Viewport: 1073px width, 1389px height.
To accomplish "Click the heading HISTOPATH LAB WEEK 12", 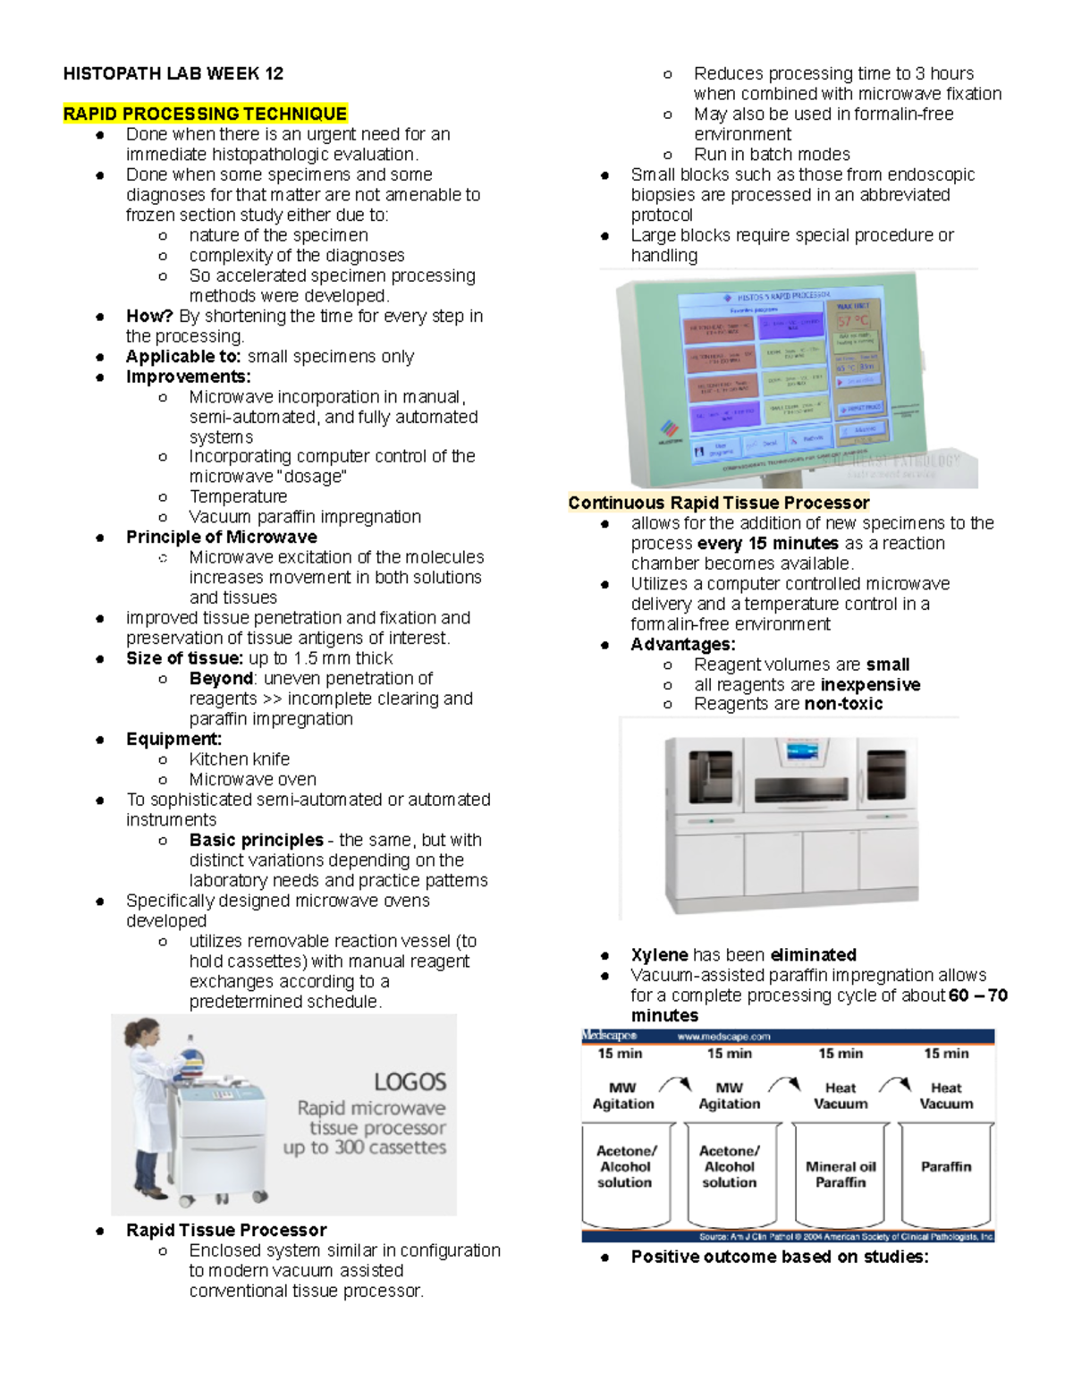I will (x=173, y=73).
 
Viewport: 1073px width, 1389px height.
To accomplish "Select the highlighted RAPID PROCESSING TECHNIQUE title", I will (x=205, y=114).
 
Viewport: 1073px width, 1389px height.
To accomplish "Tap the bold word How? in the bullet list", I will (x=149, y=316).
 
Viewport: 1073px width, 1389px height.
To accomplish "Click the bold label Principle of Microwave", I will (x=221, y=537).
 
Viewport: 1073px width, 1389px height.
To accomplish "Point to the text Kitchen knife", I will (x=239, y=758).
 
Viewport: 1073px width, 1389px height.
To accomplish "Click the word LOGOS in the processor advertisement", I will (x=410, y=1081).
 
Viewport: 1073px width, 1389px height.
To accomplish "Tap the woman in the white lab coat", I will (x=154, y=1109).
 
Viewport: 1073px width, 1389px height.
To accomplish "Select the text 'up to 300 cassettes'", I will (x=364, y=1148).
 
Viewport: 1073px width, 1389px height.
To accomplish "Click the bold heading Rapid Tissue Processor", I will (x=225, y=1230).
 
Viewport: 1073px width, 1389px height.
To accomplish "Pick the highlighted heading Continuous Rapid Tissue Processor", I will (x=718, y=503).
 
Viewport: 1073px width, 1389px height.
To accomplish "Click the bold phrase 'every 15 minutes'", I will (x=767, y=543).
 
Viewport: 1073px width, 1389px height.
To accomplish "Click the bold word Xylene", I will (x=659, y=954).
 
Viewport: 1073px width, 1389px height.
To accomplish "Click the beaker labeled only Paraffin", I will (x=945, y=1172).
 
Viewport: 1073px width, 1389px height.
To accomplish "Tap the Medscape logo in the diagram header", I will (x=610, y=1036).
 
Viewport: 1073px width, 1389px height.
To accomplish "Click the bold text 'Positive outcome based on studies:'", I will (x=779, y=1257).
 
